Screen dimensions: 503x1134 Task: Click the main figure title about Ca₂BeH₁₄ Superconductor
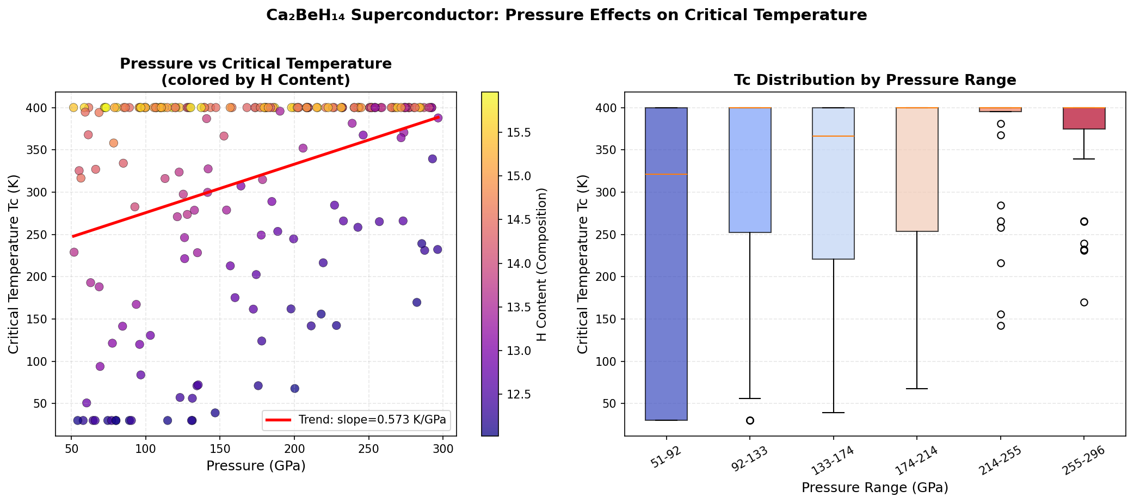pyautogui.click(x=566, y=15)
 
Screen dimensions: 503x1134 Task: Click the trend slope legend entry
pyautogui.click(x=372, y=420)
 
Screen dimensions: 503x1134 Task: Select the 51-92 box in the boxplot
pyautogui.click(x=666, y=264)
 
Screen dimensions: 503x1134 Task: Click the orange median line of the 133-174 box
pyautogui.click(x=833, y=136)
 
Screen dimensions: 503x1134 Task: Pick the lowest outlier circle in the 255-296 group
pyautogui.click(x=1084, y=302)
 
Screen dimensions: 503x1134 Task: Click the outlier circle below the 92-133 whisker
pyautogui.click(x=750, y=420)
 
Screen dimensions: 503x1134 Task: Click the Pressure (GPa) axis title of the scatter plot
pyautogui.click(x=256, y=466)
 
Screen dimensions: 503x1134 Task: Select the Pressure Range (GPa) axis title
pyautogui.click(x=875, y=487)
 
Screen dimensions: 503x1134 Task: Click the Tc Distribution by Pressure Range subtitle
pyautogui.click(x=875, y=81)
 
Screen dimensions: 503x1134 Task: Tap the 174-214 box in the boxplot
pyautogui.click(x=917, y=170)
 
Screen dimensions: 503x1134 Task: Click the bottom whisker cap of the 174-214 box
pyautogui.click(x=917, y=389)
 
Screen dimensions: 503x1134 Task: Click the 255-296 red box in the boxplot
pyautogui.click(x=1084, y=118)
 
